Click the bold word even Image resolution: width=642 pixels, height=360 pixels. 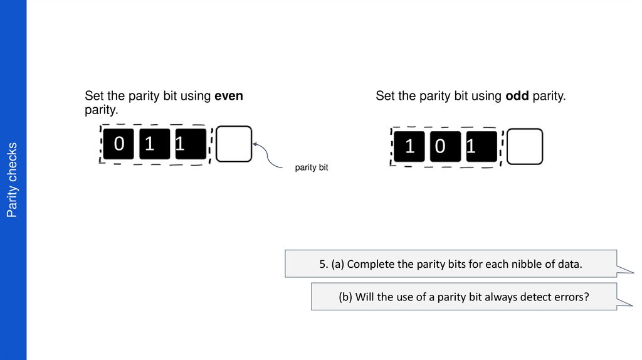pos(229,97)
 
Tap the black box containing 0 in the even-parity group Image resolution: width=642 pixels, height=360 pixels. pos(119,144)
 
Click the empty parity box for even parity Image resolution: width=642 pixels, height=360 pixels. pos(234,144)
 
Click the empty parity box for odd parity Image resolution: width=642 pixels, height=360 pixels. pos(524,147)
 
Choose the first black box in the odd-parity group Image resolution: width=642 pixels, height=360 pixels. pos(409,147)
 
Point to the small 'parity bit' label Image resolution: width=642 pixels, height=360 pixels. pos(312,168)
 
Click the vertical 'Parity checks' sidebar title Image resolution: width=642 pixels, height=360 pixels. pos(12,180)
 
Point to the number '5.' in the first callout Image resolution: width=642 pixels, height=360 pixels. pos(324,264)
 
